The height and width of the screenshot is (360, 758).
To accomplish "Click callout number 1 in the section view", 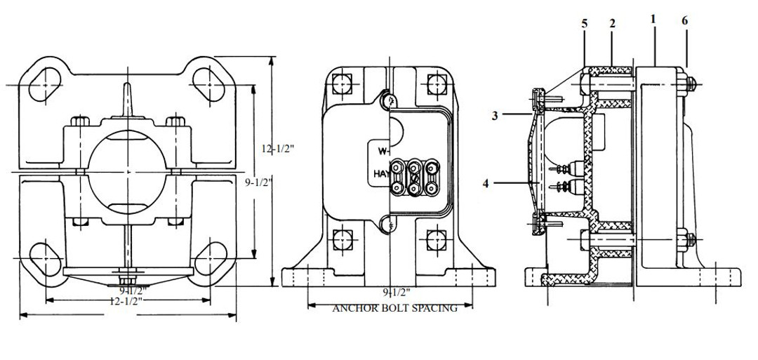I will click(653, 19).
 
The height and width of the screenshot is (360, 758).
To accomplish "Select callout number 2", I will click(612, 22).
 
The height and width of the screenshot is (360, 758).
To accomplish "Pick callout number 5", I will click(584, 22).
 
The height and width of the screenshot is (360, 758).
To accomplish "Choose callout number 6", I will click(685, 21).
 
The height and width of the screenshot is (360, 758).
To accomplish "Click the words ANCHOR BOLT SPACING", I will click(394, 307).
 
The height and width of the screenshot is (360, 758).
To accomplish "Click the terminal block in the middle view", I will click(414, 180).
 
